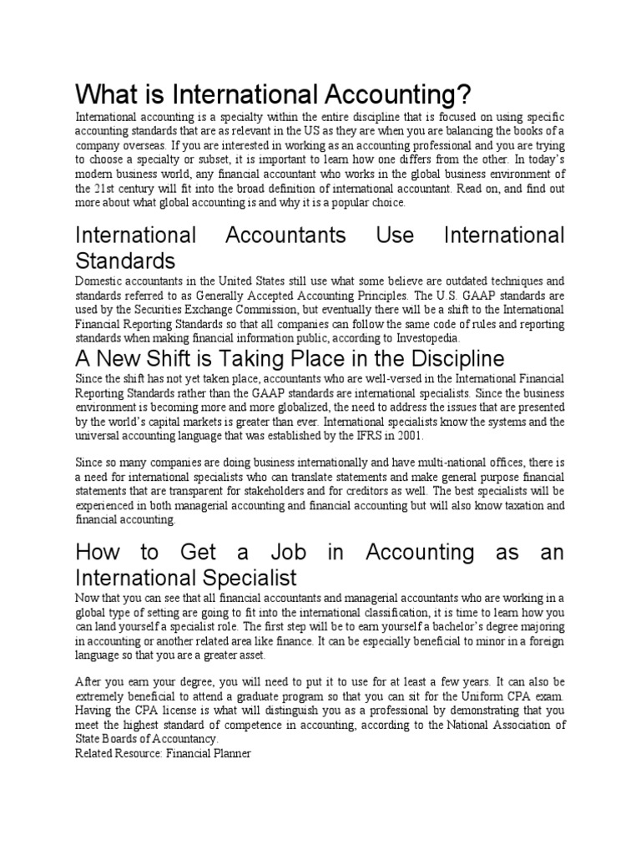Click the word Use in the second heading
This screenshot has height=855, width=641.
[x=395, y=235]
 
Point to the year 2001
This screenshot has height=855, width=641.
[x=409, y=436]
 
